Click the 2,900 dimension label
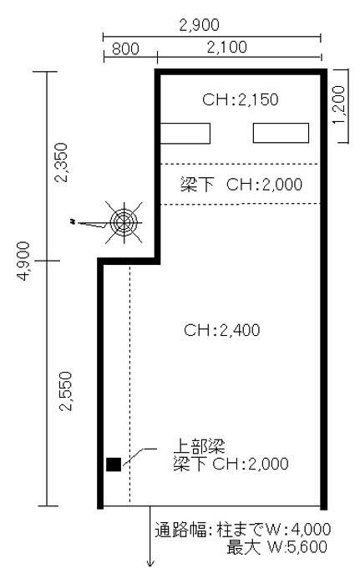point(199,25)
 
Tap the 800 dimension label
point(125,48)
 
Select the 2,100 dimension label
point(227,48)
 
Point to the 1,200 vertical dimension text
point(339,105)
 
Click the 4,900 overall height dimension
point(23,261)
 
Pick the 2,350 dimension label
point(61,163)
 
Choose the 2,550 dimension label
point(66,391)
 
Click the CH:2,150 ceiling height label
point(241,99)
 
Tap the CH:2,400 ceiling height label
point(221,330)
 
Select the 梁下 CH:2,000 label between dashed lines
point(241,185)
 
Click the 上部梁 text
point(199,446)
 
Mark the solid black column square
point(114,465)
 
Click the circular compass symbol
point(124,222)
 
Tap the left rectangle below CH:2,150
point(185,133)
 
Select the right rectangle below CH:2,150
point(281,133)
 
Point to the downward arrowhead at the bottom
point(150,564)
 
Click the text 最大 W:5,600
point(276,547)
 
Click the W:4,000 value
point(298,530)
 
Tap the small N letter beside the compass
point(74,221)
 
